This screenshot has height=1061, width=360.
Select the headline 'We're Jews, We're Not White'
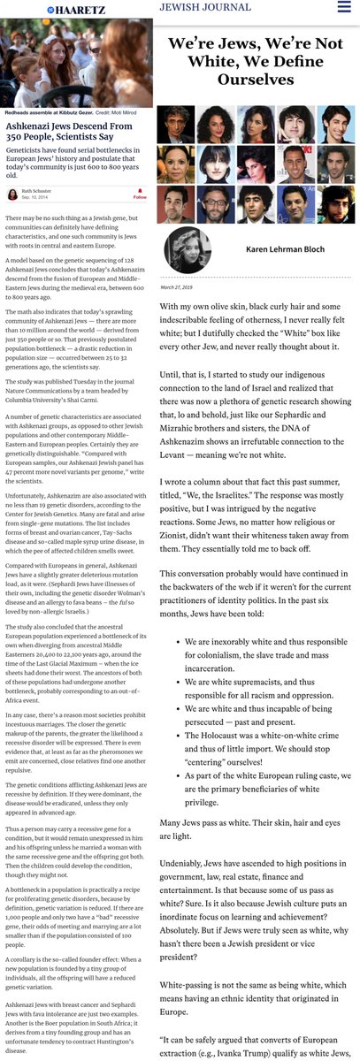click(x=256, y=61)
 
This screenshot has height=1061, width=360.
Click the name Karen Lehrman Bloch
click(x=279, y=249)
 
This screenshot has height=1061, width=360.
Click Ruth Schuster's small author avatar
click(x=12, y=193)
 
